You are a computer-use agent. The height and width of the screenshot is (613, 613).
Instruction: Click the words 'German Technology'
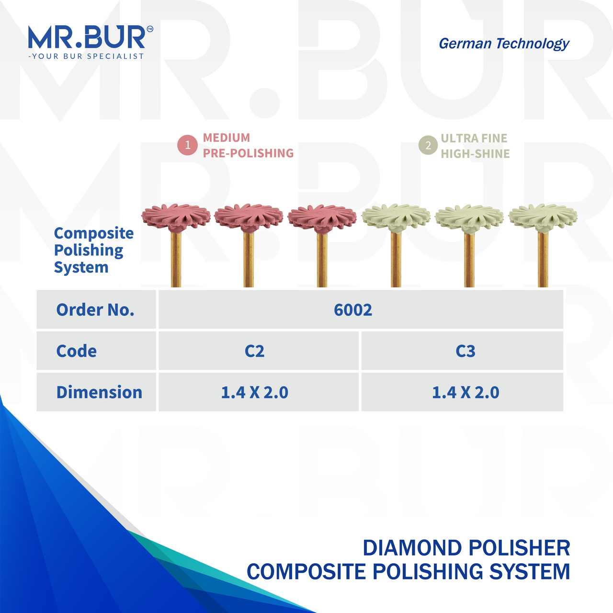[504, 44]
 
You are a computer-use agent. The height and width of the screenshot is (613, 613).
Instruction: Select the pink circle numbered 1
[188, 145]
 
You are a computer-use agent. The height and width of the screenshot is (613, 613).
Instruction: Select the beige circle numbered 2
[428, 146]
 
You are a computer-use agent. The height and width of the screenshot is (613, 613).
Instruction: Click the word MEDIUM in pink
[227, 138]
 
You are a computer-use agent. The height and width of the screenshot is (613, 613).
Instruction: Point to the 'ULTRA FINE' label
[474, 138]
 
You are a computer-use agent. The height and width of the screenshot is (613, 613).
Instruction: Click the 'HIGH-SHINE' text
[475, 154]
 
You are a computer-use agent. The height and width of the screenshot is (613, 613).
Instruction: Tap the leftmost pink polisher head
[176, 217]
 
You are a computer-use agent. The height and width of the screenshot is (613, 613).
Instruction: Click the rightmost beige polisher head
[543, 217]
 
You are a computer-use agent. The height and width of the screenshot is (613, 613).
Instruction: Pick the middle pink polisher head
[249, 217]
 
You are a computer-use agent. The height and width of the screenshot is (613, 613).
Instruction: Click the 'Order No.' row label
[95, 310]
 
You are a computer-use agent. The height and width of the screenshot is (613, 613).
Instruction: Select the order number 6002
[353, 310]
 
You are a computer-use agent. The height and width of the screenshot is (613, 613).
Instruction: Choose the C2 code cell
[254, 351]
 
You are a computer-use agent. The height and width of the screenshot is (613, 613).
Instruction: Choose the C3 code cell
[465, 351]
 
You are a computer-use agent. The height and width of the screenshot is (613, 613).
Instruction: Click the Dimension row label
[99, 392]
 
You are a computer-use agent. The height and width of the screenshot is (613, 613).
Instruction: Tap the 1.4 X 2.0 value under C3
[465, 392]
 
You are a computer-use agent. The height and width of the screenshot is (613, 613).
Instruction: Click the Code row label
[77, 351]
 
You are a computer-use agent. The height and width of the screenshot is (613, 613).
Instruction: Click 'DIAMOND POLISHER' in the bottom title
[466, 548]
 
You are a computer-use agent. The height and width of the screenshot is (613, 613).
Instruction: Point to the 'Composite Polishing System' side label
[93, 250]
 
